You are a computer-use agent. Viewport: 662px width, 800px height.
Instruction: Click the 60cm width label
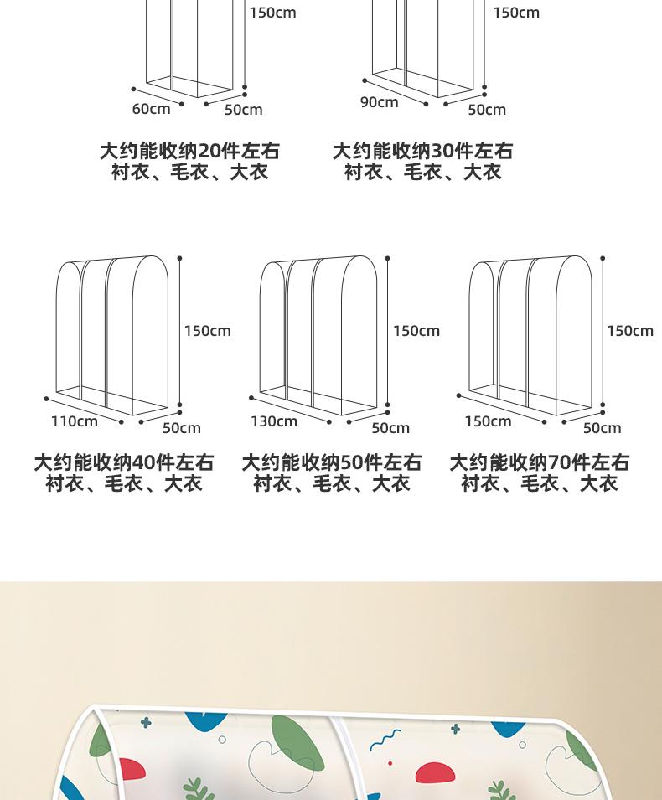(151, 108)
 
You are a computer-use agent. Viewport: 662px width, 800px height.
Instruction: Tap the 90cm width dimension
(380, 101)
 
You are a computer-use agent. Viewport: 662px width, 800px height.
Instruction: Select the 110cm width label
(75, 421)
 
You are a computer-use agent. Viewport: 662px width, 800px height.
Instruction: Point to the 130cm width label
(274, 421)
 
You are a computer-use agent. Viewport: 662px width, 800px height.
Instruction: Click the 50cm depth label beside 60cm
(243, 109)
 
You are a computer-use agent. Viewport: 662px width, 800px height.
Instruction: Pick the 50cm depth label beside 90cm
(487, 109)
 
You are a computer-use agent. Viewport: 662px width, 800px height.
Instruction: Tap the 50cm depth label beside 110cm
(182, 428)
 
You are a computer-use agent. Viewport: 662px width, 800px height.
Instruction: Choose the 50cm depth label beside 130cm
(390, 428)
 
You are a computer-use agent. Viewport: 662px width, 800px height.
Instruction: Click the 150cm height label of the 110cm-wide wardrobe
(208, 331)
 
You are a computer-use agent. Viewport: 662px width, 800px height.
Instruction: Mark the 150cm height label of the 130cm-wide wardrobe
(416, 331)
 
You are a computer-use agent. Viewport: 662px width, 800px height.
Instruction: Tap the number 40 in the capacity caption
(143, 462)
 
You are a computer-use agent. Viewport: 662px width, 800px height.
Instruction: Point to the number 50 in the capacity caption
(351, 462)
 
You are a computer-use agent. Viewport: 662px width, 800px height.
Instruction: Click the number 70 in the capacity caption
(559, 462)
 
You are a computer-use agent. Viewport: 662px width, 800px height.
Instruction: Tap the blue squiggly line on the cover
(385, 739)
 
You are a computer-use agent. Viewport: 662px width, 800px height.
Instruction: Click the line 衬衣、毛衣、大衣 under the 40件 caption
(124, 483)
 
